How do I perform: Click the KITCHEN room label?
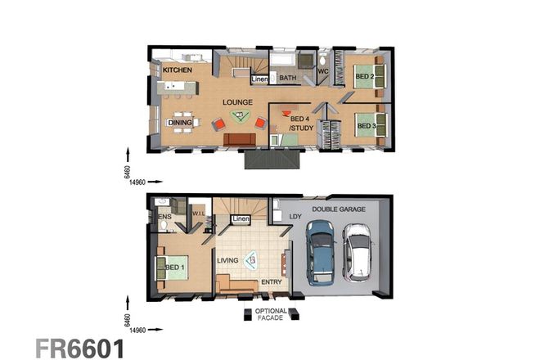coord(178,71)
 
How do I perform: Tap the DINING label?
coord(180,123)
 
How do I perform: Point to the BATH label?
coord(287,79)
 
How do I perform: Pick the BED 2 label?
coord(364,78)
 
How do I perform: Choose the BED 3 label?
coord(365,126)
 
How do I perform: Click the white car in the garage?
coord(358,253)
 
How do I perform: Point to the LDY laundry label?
coord(295,216)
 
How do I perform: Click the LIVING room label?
coord(228,261)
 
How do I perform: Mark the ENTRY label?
coord(271,282)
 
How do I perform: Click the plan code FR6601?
coord(79,347)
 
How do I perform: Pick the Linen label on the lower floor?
coord(241,219)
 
